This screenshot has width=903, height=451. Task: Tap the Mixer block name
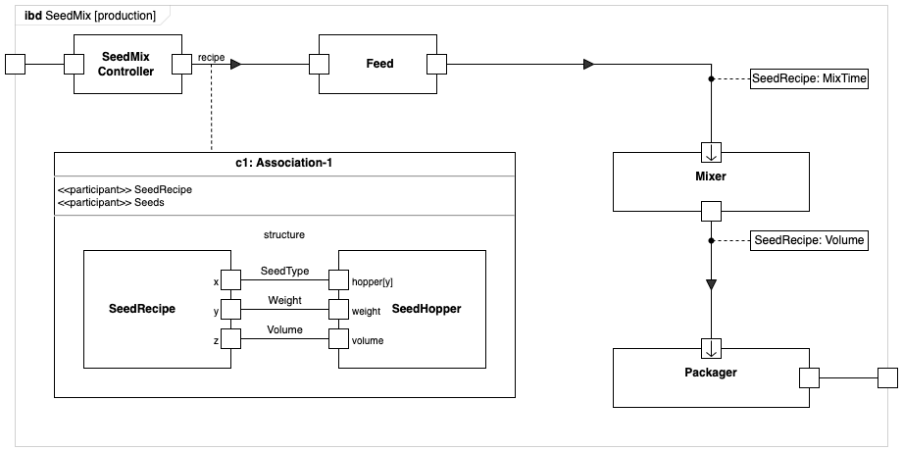point(711,177)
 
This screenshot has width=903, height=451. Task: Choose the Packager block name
point(711,373)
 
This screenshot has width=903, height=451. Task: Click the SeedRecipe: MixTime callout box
point(809,78)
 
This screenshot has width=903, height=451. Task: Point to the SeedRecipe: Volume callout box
point(809,240)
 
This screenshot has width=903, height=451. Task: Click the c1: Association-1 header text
point(284,163)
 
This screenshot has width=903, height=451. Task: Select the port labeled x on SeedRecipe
point(229,280)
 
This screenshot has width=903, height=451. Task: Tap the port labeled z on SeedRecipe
point(229,339)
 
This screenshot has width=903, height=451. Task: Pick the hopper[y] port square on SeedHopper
point(338,280)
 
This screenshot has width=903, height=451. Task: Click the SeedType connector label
point(284,271)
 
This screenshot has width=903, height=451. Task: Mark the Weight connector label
point(284,300)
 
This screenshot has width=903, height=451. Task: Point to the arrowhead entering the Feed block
point(235,65)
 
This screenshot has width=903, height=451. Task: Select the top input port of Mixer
point(712,152)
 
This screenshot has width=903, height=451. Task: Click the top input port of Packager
point(712,348)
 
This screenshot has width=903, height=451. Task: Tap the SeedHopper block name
point(426,309)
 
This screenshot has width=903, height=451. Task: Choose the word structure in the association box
point(284,234)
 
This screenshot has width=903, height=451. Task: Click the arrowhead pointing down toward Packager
point(712,284)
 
